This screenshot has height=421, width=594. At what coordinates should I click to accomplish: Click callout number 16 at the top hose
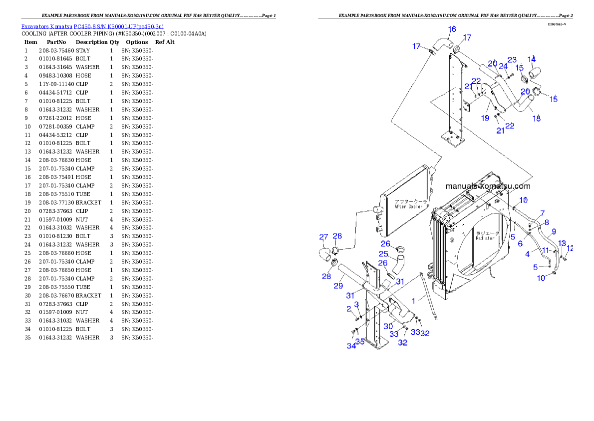(x=451, y=29)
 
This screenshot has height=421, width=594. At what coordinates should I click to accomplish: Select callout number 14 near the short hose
(x=532, y=59)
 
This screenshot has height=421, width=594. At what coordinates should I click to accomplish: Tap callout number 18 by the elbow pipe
(x=537, y=118)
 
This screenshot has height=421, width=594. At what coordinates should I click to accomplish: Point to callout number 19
(x=485, y=118)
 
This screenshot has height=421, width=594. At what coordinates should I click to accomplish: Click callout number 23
(x=512, y=60)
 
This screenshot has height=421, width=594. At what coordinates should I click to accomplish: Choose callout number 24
(x=503, y=66)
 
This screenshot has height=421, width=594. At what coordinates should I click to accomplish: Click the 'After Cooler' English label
(x=408, y=206)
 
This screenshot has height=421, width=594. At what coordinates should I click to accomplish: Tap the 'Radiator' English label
(x=485, y=238)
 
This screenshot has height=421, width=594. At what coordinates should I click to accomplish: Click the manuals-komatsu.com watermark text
(x=487, y=186)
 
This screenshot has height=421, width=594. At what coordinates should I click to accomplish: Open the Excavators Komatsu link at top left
(x=92, y=26)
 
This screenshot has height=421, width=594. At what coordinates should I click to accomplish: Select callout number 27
(x=324, y=236)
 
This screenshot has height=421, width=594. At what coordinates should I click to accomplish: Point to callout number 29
(x=338, y=285)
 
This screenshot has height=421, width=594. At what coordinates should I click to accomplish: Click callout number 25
(x=383, y=254)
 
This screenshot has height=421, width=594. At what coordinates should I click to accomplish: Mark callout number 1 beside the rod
(x=413, y=301)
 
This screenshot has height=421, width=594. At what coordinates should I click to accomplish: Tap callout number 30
(x=388, y=325)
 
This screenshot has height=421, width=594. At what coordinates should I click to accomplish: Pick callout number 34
(x=351, y=345)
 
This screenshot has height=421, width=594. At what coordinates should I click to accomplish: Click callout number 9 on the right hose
(x=553, y=232)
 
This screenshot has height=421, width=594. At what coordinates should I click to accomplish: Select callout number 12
(x=570, y=248)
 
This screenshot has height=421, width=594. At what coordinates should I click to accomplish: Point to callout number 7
(x=542, y=213)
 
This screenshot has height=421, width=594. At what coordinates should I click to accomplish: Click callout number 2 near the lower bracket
(x=349, y=309)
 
